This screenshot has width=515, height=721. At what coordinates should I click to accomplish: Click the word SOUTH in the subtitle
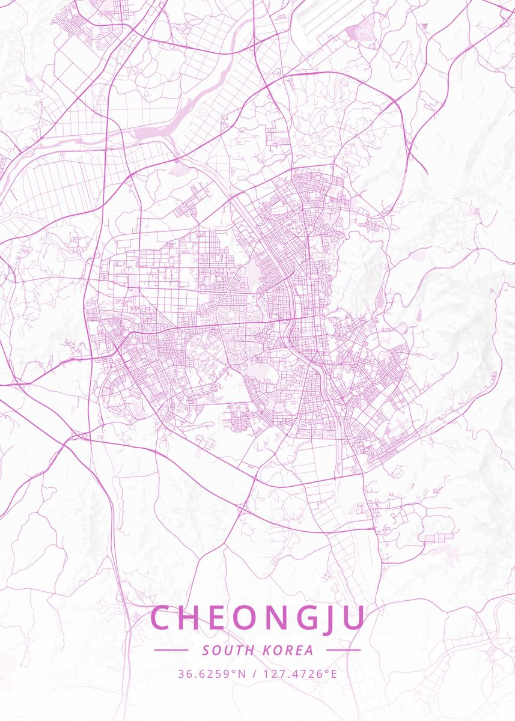pyautogui.click(x=224, y=650)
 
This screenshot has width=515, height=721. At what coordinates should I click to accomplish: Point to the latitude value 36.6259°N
pyautogui.click(x=212, y=674)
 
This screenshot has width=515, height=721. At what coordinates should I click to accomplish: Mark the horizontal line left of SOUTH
pyautogui.click(x=171, y=650)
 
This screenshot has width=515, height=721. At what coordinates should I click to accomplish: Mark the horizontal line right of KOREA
pyautogui.click(x=343, y=650)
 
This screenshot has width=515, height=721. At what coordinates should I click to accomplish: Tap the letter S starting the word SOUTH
pyautogui.click(x=206, y=650)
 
